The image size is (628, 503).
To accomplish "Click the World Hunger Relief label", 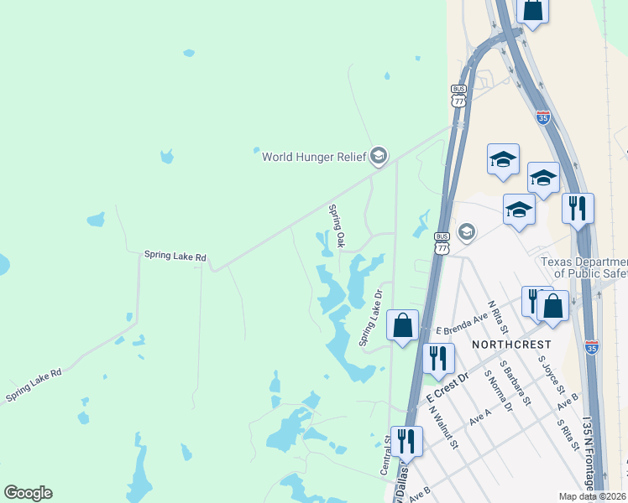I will coord(314,156).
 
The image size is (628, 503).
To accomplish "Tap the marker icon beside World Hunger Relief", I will coord(378,156).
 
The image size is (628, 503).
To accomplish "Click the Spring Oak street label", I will coord(337,226).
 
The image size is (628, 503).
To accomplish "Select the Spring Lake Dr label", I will coord(370,319).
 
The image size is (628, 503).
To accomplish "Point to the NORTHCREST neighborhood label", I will coord(511,345).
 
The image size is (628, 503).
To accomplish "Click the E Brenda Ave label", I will coord(456,324).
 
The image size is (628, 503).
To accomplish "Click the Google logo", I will coord(28,493).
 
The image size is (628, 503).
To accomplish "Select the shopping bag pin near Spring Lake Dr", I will coord(403,325).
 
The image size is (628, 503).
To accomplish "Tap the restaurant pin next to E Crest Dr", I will coord(436,358).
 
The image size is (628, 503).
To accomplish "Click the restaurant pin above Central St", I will coord(406,441).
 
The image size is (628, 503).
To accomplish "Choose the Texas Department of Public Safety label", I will coord(584,267).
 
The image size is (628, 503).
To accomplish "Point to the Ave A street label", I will coord(480,417).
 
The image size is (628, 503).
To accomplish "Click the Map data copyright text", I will coord(593,496).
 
